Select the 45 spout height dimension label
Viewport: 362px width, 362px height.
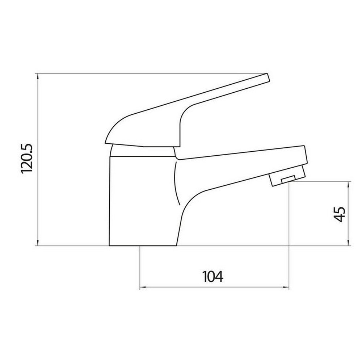(x=340, y=215)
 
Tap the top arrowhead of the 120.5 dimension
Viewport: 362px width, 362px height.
(x=38, y=76)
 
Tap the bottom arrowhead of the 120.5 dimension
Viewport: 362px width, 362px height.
(x=38, y=243)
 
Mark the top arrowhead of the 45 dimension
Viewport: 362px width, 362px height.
(x=348, y=184)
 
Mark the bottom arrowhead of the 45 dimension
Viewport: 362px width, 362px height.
(x=348, y=243)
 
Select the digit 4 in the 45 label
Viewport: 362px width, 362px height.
(x=340, y=219)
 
